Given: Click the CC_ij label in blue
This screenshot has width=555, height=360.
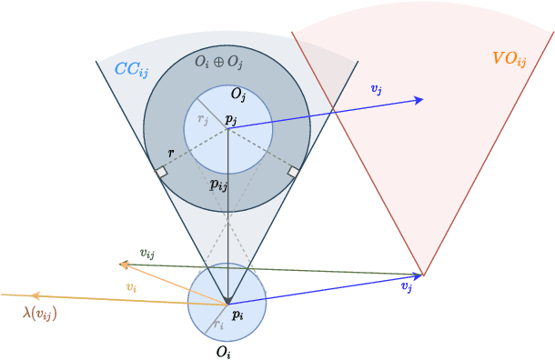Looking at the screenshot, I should coord(132,69).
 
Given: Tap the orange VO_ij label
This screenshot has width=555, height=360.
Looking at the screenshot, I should coord(510,59).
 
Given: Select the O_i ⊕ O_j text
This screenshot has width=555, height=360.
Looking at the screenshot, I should coord(218,62).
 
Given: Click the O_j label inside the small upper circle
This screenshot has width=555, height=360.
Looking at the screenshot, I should coord(238,95).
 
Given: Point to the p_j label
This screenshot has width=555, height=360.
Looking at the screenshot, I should coord(231,119).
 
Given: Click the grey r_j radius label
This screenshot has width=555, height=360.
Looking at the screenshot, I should coord(203,118).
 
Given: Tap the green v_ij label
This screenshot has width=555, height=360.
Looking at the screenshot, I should coord(146,254).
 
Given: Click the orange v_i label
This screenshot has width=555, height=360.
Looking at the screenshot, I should coord(132,287).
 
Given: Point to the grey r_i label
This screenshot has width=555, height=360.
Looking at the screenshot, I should coord(217,325).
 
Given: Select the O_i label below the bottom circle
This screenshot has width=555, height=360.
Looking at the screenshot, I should coord(223,350).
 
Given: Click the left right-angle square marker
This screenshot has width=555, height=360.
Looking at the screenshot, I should coord(161,171).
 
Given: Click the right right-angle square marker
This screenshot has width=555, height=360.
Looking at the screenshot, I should coord(294,171).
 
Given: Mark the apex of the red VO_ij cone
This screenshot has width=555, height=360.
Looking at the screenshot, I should coord(423,275).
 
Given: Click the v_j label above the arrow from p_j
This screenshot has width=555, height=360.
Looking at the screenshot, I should coord(376,88).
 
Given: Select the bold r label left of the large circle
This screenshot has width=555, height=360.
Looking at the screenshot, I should coord(170,155).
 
